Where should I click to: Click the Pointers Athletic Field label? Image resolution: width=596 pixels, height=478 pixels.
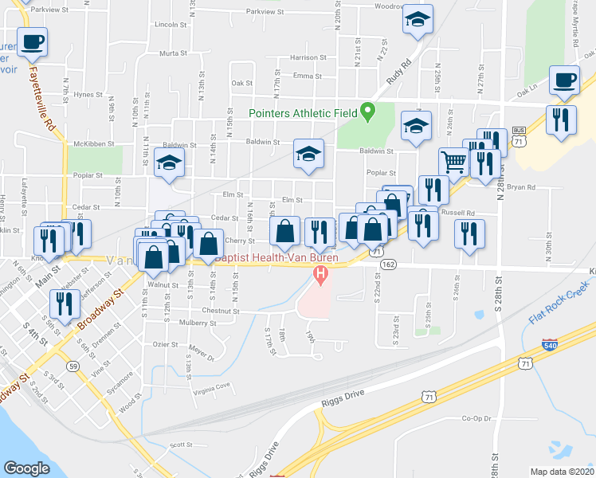point(302,113)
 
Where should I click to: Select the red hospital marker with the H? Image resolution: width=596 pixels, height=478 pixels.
point(320,276)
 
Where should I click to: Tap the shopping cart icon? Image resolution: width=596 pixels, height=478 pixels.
point(453,161)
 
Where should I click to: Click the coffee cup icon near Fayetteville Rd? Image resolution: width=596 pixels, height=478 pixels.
point(32,41)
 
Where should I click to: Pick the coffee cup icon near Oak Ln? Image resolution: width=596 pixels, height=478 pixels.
point(564,81)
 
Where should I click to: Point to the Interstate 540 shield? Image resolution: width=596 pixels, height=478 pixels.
point(550,346)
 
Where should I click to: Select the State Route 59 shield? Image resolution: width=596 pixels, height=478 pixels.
point(73,366)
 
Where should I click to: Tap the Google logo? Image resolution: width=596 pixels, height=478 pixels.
point(27,468)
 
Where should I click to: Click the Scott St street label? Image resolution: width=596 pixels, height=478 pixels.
point(177,445)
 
